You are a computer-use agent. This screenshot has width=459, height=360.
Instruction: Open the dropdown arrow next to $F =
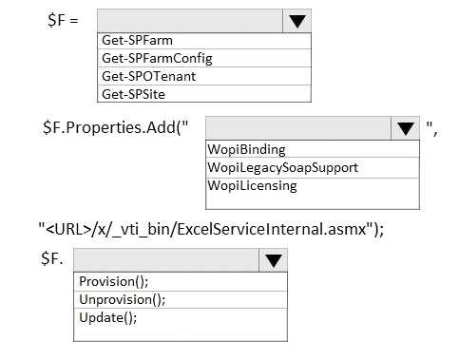(x=296, y=21)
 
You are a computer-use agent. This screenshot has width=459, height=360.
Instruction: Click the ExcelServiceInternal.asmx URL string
(x=210, y=228)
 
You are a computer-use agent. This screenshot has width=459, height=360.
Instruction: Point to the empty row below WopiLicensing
(x=311, y=200)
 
